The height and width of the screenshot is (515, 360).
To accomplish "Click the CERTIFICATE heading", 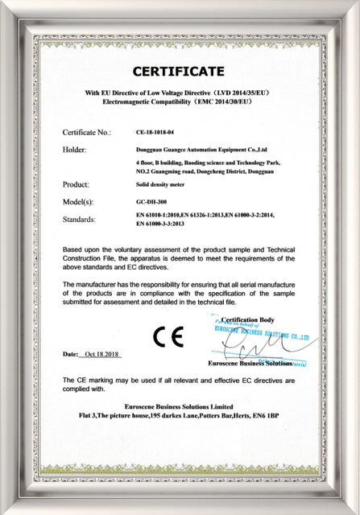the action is coord(179,71).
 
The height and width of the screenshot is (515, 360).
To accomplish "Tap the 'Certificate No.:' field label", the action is coord(86,131).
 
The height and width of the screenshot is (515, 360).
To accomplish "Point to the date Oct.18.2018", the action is coord(101,354).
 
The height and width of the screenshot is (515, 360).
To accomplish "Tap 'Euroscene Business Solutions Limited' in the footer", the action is coord(179,406).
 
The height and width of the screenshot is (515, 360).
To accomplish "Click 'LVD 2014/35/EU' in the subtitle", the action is coord(243,93).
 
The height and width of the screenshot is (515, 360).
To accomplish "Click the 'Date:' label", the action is coord(69,354).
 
